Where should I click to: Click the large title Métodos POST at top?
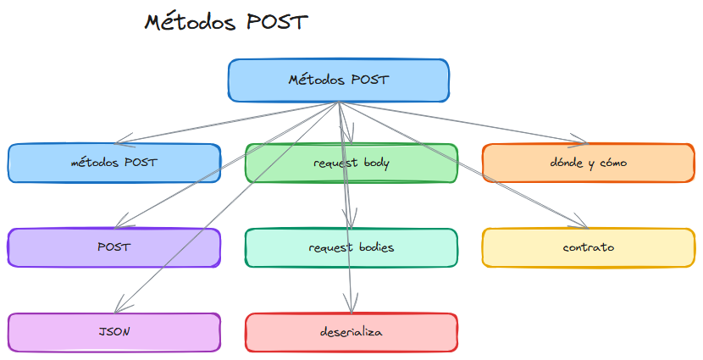pyautogui.click(x=225, y=22)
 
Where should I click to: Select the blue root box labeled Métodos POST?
pyautogui.click(x=338, y=80)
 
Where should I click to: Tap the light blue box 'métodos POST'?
pyautogui.click(x=113, y=163)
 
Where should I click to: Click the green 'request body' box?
pyautogui.click(x=351, y=163)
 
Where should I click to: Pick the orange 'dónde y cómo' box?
pyautogui.click(x=588, y=163)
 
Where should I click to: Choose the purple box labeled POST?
pyautogui.click(x=113, y=247)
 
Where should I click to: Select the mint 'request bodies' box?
pyautogui.click(x=351, y=247)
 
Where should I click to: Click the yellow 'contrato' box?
pyautogui.click(x=588, y=247)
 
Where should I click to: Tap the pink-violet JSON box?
pyautogui.click(x=113, y=332)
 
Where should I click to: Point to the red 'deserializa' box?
pyautogui.click(x=351, y=332)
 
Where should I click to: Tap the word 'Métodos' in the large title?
pyautogui.click(x=190, y=22)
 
